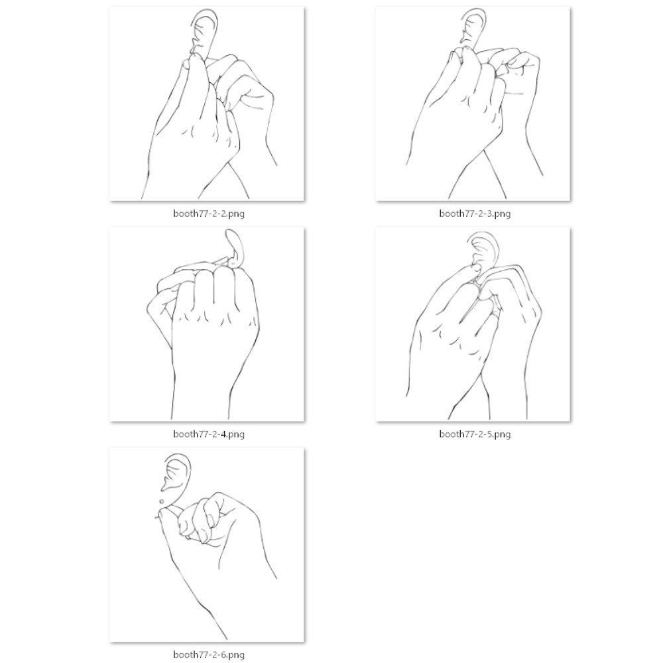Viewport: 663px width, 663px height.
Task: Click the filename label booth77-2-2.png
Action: click(x=208, y=213)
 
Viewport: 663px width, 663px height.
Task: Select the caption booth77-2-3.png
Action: click(x=475, y=213)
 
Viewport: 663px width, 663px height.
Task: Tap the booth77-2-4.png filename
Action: click(x=208, y=434)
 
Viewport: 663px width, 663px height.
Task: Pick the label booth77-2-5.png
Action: click(x=475, y=434)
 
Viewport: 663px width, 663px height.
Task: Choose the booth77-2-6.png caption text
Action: click(x=208, y=654)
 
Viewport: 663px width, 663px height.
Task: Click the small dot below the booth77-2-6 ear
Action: click(x=162, y=501)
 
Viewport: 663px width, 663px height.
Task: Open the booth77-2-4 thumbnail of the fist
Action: click(x=207, y=324)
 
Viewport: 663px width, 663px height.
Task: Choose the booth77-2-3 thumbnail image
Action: click(x=473, y=103)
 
